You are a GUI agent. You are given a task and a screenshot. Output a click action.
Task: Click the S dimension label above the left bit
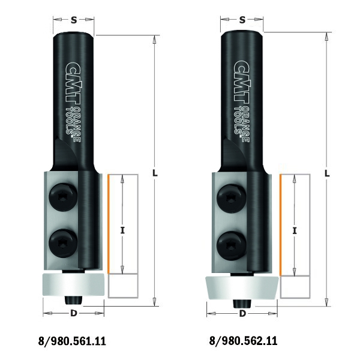(74, 20)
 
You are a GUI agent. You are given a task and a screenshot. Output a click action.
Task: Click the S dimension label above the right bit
(242, 20)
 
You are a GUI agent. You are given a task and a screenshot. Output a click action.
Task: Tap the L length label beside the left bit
(155, 173)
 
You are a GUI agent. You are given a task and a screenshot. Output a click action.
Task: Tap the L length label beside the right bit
(327, 173)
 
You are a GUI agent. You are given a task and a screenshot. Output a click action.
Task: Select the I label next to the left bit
(122, 230)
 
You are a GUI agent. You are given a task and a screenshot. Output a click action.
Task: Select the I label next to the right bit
(295, 230)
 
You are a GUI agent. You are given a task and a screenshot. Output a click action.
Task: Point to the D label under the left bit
(73, 313)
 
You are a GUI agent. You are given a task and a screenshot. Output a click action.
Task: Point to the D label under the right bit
(242, 313)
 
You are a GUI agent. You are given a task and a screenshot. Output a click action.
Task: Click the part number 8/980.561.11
(72, 341)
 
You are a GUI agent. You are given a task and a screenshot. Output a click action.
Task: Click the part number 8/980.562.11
(243, 341)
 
